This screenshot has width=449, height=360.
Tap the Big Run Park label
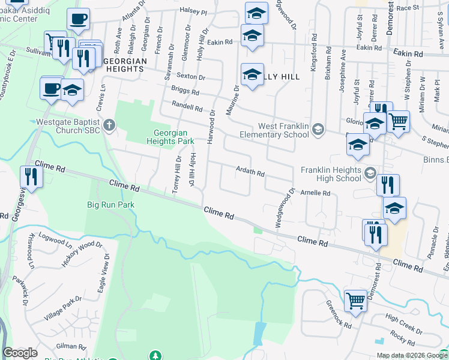coord(110,205)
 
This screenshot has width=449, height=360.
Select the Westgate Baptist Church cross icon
coord(108,126)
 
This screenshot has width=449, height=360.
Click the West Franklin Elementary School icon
coord(318,130)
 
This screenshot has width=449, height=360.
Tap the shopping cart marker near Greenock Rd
coord(355,301)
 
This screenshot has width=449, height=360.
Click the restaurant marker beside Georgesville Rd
coord(31,177)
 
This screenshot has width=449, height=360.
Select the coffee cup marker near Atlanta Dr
coord(78,19)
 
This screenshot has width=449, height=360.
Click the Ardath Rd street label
coord(250,173)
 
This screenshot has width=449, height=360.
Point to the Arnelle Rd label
coord(315,193)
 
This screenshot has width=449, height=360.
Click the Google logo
coord(20,353)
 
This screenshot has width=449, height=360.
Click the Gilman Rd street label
coord(71,346)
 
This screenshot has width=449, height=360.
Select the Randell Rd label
coord(187,106)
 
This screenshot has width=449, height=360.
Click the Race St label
coord(424,8)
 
